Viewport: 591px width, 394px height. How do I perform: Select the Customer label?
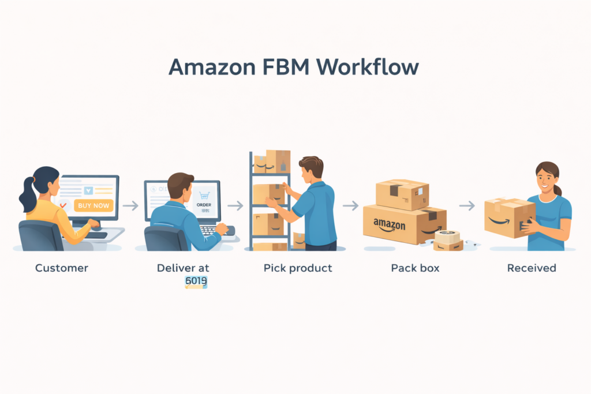(x=62, y=268)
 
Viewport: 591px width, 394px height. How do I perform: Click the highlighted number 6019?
(x=196, y=282)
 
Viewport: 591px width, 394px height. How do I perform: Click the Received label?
(x=532, y=268)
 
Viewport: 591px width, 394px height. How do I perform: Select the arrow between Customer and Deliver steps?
(x=131, y=206)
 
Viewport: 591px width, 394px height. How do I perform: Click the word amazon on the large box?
(x=389, y=224)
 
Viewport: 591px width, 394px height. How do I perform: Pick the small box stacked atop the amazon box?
(x=402, y=194)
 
